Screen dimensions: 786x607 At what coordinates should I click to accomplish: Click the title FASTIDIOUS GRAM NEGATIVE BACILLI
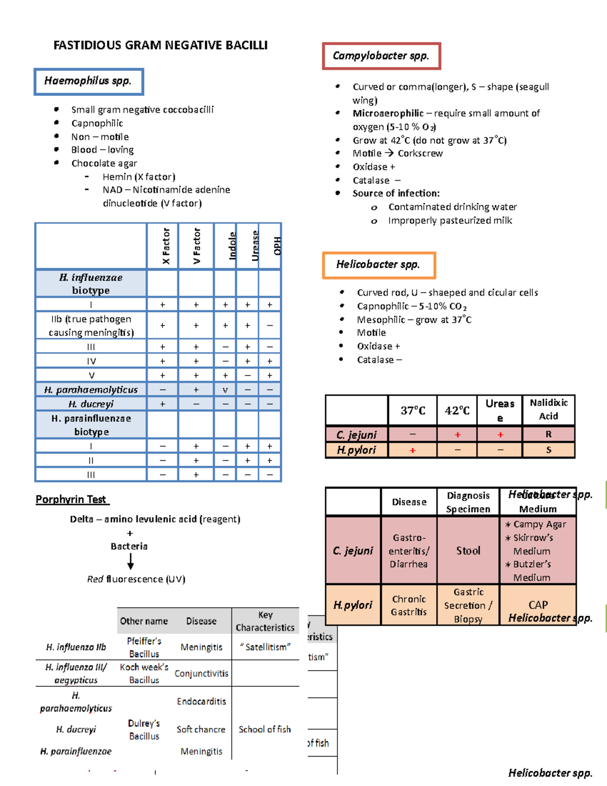[x=160, y=46]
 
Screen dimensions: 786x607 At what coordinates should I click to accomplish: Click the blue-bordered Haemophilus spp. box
[x=89, y=81]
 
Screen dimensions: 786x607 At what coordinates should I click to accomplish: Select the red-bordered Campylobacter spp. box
[x=381, y=56]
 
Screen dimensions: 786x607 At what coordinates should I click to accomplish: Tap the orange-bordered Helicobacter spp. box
[x=378, y=265]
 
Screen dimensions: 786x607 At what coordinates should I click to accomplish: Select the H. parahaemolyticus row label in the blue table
[x=91, y=390]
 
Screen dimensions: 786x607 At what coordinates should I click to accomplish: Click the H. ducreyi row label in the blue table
[x=91, y=404]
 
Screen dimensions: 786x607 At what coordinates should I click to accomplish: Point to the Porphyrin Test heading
[x=71, y=500]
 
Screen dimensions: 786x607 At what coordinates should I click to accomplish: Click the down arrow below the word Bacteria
[x=131, y=561]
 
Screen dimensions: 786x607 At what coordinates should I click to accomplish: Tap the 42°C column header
[x=457, y=410]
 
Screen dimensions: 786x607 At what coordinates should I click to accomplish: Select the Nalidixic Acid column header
[x=549, y=409]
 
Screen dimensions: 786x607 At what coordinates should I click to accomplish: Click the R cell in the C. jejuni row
[x=549, y=434]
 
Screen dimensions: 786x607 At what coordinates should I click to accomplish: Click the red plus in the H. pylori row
[x=413, y=450]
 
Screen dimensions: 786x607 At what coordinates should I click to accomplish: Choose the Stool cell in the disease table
[x=468, y=551]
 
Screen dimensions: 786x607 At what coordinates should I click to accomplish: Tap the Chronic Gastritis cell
[x=409, y=605]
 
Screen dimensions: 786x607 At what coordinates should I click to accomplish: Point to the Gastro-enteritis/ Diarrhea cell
[x=409, y=551]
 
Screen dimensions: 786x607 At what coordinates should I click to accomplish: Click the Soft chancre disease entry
[x=201, y=729]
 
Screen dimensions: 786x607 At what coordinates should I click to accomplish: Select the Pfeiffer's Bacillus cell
[x=144, y=647]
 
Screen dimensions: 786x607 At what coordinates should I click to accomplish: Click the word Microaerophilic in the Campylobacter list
[x=388, y=113]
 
